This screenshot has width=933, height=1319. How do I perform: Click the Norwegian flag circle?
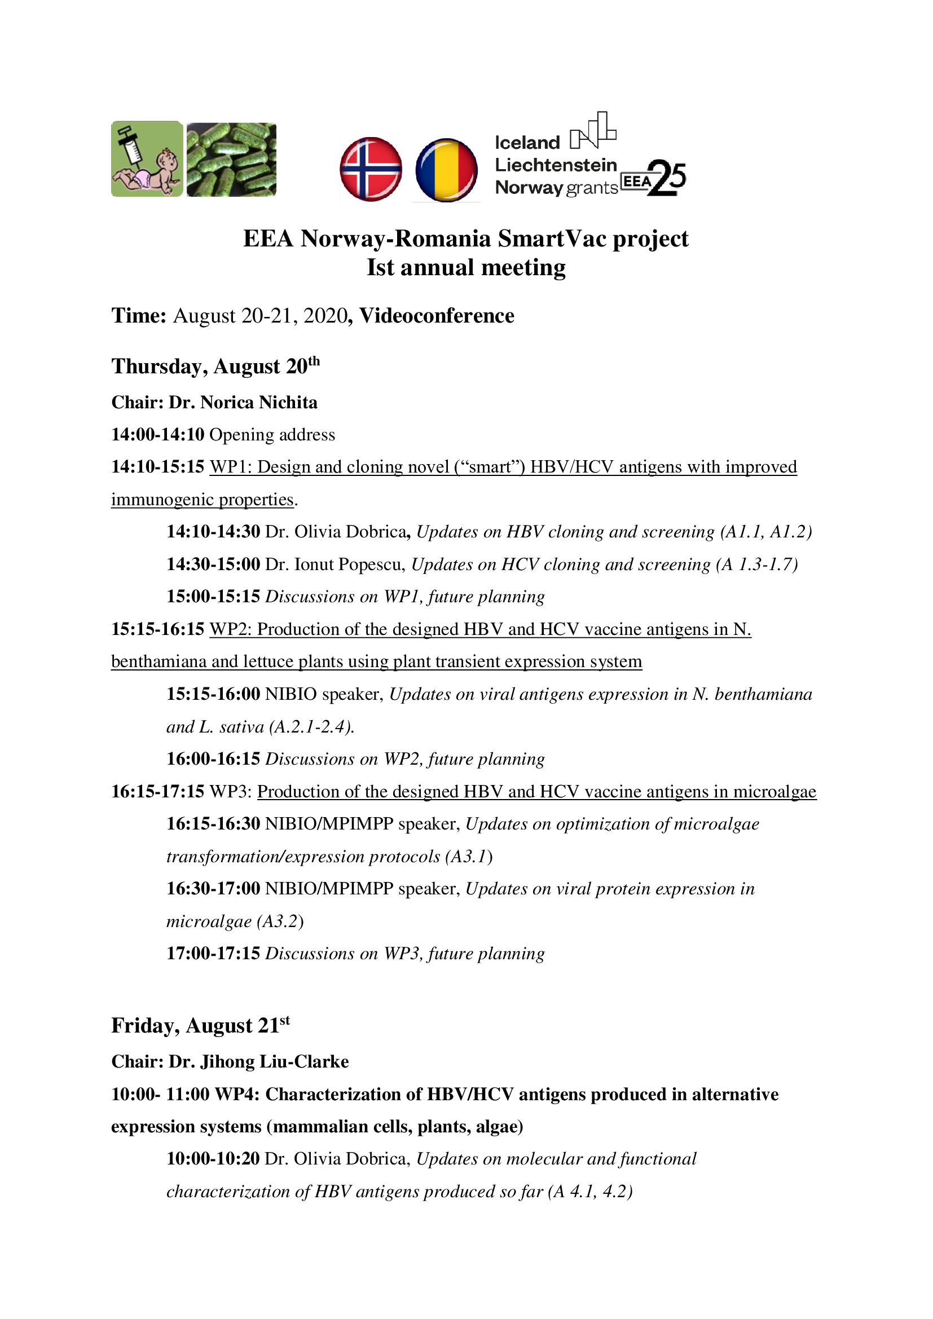point(371,170)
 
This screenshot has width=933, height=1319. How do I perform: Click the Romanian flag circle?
point(446,170)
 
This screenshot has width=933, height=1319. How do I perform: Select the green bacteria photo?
point(231,159)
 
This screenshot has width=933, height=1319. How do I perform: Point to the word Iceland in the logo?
point(527,143)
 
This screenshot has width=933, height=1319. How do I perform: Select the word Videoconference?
point(437,315)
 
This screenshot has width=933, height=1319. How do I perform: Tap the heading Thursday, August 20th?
point(215,366)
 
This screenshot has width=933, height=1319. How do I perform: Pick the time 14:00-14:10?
point(157,434)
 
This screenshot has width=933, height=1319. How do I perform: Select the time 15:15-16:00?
point(213,694)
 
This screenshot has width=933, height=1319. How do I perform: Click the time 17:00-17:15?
point(213,953)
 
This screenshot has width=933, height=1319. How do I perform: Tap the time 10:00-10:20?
point(213,1158)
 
